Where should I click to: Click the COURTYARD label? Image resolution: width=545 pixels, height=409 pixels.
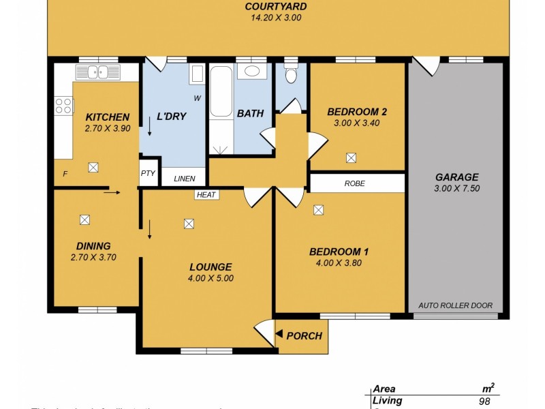tap(276, 7)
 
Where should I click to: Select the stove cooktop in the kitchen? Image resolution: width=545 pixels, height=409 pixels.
tap(63, 106)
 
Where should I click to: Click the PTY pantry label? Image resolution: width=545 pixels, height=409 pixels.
tap(148, 173)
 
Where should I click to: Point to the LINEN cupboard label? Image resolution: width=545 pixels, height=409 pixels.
tap(185, 179)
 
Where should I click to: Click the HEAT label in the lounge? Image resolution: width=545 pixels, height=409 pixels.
tap(206, 195)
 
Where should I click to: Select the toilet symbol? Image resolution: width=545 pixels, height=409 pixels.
tap(292, 73)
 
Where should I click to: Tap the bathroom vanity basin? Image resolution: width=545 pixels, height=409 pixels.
tap(251, 71)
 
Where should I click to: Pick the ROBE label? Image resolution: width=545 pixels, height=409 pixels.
tap(354, 183)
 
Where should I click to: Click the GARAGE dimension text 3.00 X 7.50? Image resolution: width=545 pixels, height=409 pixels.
tap(456, 189)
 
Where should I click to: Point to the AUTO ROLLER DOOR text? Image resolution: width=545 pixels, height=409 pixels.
tap(455, 305)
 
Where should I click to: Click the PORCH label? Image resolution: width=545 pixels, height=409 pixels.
tap(304, 335)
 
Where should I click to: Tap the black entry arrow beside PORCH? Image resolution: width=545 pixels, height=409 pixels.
tap(279, 334)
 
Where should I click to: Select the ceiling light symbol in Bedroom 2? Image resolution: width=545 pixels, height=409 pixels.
tap(351, 157)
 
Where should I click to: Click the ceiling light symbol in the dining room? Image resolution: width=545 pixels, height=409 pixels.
tap(84, 219)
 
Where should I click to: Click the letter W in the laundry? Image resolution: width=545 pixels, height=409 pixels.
tap(197, 98)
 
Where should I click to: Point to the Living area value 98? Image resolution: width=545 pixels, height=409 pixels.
tap(484, 402)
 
